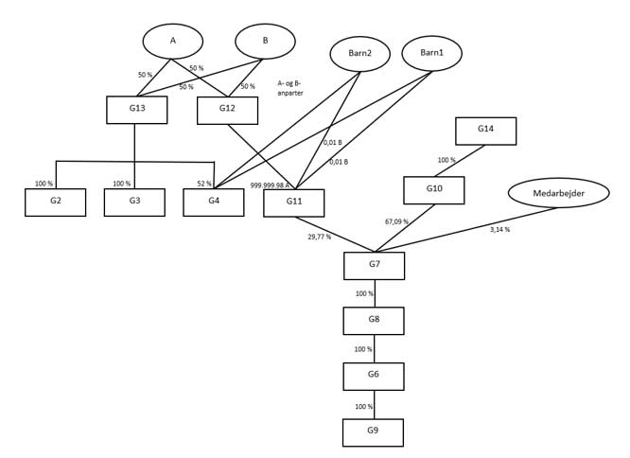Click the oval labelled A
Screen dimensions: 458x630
pyautogui.click(x=173, y=41)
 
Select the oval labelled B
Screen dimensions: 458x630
pyautogui.click(x=265, y=41)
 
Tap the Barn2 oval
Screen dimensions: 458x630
pyautogui.click(x=359, y=53)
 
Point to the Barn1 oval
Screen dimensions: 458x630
pyautogui.click(x=431, y=52)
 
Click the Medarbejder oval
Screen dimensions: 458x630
pyautogui.click(x=556, y=193)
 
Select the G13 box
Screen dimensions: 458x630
pyautogui.click(x=137, y=110)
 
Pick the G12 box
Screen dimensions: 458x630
pyautogui.click(x=227, y=110)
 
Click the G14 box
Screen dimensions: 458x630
pyautogui.click(x=485, y=131)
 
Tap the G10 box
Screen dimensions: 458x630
pyautogui.click(x=434, y=190)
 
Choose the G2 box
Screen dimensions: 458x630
pyautogui.click(x=55, y=203)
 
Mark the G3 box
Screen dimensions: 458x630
pyautogui.click(x=134, y=203)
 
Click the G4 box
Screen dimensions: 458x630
pyautogui.click(x=214, y=203)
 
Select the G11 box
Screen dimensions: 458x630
pyautogui.click(x=293, y=203)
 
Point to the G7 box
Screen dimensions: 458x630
pyautogui.click(x=374, y=266)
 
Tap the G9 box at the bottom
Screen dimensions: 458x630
pyautogui.click(x=373, y=432)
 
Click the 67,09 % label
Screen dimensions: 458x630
pyautogui.click(x=398, y=221)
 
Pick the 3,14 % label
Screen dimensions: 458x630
pyautogui.click(x=500, y=230)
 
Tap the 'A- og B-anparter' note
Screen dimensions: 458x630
pyautogui.click(x=290, y=88)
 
